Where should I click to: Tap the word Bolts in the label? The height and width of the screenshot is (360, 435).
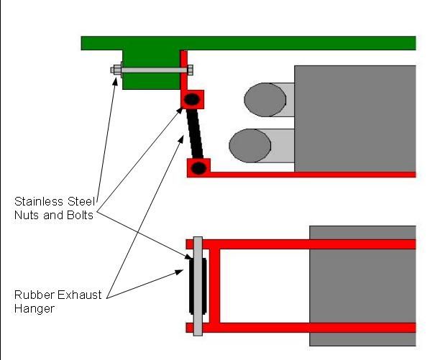tap(80, 216)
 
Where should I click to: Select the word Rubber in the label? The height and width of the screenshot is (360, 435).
tap(32, 295)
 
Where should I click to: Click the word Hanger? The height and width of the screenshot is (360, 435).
tap(34, 309)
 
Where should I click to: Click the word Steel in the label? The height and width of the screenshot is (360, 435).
tap(81, 202)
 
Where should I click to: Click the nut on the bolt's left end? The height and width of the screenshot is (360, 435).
tap(117, 70)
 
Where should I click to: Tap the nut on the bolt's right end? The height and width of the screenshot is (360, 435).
tap(191, 70)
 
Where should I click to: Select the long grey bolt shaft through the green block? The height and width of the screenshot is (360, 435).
tap(154, 70)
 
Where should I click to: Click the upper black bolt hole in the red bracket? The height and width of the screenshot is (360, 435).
tap(192, 99)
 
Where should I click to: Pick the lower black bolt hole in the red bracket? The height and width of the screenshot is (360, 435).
tap(198, 168)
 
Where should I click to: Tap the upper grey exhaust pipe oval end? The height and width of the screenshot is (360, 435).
tap(265, 100)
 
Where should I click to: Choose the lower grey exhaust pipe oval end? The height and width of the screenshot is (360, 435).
tap(250, 146)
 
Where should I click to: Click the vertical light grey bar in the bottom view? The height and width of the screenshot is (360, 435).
tap(198, 286)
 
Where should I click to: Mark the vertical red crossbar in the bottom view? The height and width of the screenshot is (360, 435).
tap(215, 286)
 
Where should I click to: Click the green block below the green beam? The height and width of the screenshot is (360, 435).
tap(151, 70)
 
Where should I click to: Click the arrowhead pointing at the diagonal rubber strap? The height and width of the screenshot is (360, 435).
tap(180, 139)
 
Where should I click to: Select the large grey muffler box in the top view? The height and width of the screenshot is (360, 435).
tap(355, 119)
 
